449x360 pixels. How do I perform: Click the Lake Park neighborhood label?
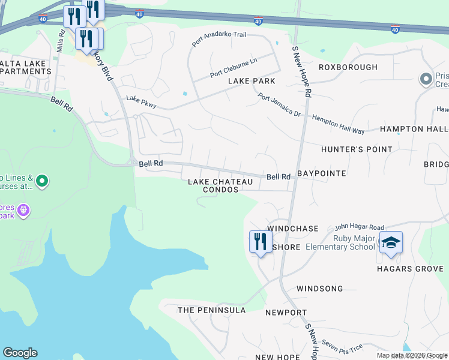[251, 81]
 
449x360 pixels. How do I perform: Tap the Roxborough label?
[348, 67]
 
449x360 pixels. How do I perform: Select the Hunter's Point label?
[357, 149]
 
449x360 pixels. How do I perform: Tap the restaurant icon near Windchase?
[260, 242]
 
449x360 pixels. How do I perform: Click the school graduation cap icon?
[391, 242]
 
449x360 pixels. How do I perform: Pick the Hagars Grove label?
[410, 269]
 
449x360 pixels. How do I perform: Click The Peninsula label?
[211, 310]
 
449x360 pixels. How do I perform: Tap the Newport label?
[286, 313]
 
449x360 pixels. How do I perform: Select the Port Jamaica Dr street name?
[279, 104]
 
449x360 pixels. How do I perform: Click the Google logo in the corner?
[20, 353]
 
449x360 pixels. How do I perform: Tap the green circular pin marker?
[41, 180]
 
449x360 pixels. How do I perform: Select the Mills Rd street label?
[61, 42]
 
